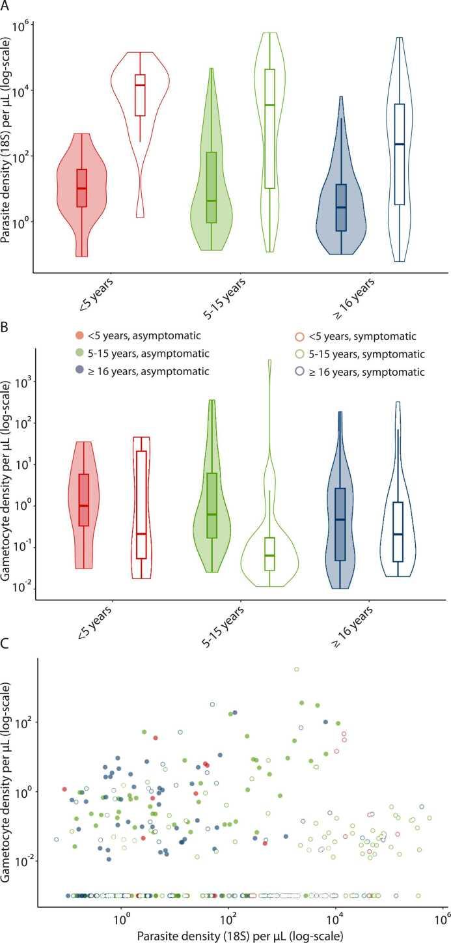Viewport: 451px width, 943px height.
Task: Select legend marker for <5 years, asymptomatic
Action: coord(80,336)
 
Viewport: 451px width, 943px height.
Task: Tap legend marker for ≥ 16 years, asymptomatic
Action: coord(80,373)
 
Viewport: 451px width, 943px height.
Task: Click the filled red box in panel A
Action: coord(81,188)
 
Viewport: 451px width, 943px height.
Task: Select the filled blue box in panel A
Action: coord(341,207)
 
